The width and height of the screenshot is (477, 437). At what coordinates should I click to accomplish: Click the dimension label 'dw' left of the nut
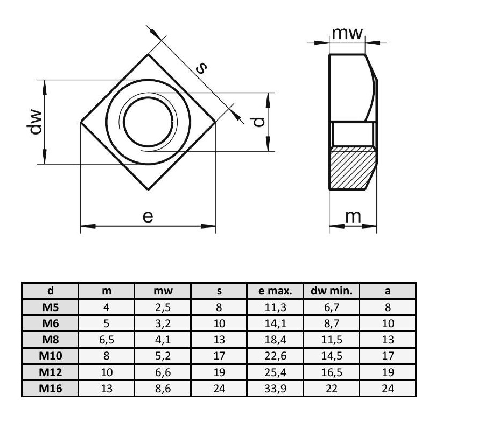point(36,122)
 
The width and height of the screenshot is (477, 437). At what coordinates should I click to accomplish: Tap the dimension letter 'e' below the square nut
point(148,216)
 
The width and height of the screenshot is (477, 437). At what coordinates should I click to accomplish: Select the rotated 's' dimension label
point(201,68)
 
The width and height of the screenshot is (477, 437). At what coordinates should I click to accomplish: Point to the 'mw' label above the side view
point(347,33)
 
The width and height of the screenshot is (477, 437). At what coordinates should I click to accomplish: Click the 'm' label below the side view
point(353,216)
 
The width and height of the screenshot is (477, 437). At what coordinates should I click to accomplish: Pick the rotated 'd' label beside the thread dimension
point(258,122)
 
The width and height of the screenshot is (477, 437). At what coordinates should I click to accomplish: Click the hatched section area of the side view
point(353,168)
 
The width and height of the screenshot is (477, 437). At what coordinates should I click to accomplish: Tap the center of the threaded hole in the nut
point(148,122)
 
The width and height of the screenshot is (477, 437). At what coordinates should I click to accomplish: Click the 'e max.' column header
point(275,291)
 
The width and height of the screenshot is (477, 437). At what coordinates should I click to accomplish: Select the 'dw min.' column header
point(331,291)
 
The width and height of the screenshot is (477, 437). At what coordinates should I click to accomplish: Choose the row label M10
point(51,356)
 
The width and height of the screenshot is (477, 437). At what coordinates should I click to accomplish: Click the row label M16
point(51,389)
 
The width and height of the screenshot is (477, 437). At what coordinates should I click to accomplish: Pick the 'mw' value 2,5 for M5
point(163,307)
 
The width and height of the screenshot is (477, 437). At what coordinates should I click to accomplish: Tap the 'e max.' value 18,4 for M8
point(275,340)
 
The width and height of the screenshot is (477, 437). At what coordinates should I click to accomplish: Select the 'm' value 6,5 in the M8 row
point(107,340)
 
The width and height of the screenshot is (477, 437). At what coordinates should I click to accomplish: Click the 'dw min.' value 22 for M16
point(332,389)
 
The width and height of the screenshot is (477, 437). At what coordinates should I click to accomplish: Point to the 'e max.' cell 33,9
point(275,389)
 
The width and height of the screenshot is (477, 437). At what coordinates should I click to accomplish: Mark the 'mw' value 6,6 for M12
point(163,372)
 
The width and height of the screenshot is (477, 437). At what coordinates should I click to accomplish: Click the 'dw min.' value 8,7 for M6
point(332,323)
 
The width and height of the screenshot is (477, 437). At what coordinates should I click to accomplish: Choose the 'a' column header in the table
point(388,291)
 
